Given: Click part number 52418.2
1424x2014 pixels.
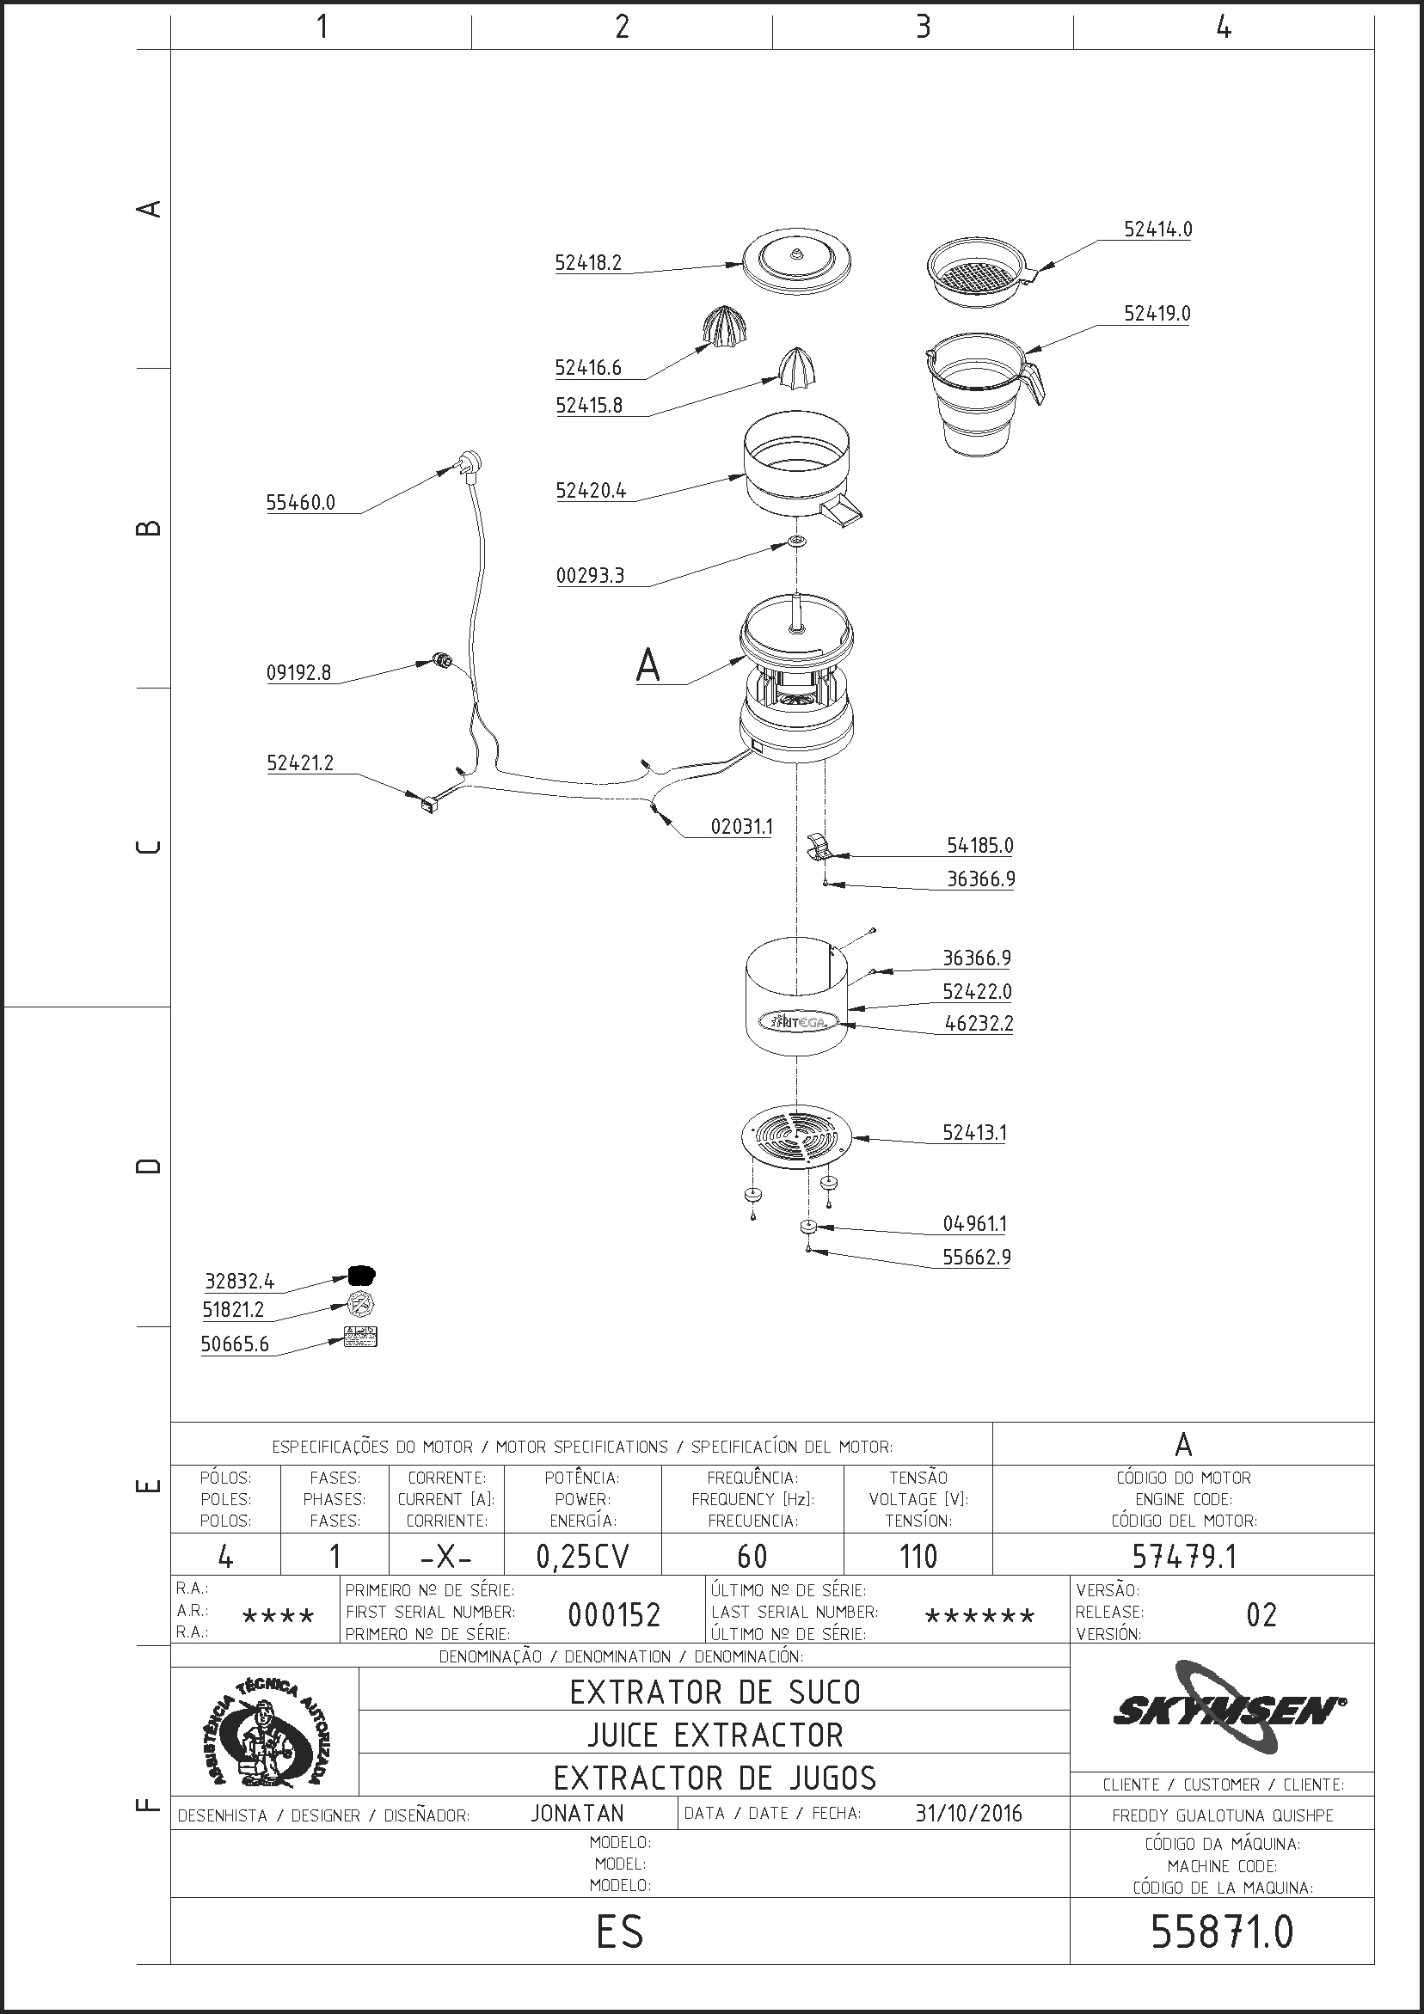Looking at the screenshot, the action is click(588, 262).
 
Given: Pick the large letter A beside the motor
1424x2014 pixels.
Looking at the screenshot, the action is click(648, 665).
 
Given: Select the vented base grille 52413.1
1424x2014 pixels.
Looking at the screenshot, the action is click(796, 1137).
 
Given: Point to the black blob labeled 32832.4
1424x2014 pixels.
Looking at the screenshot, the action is click(362, 1275).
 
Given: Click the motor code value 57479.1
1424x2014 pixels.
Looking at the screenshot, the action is click(1183, 1556).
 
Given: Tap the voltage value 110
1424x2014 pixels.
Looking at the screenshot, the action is click(918, 1557).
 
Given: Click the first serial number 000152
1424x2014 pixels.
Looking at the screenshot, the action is click(614, 1615).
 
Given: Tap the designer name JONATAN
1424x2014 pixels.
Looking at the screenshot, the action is click(577, 1813).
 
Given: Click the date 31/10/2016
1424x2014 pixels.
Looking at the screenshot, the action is click(968, 1813).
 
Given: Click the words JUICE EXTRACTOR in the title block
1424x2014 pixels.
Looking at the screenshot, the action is click(715, 1735).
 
